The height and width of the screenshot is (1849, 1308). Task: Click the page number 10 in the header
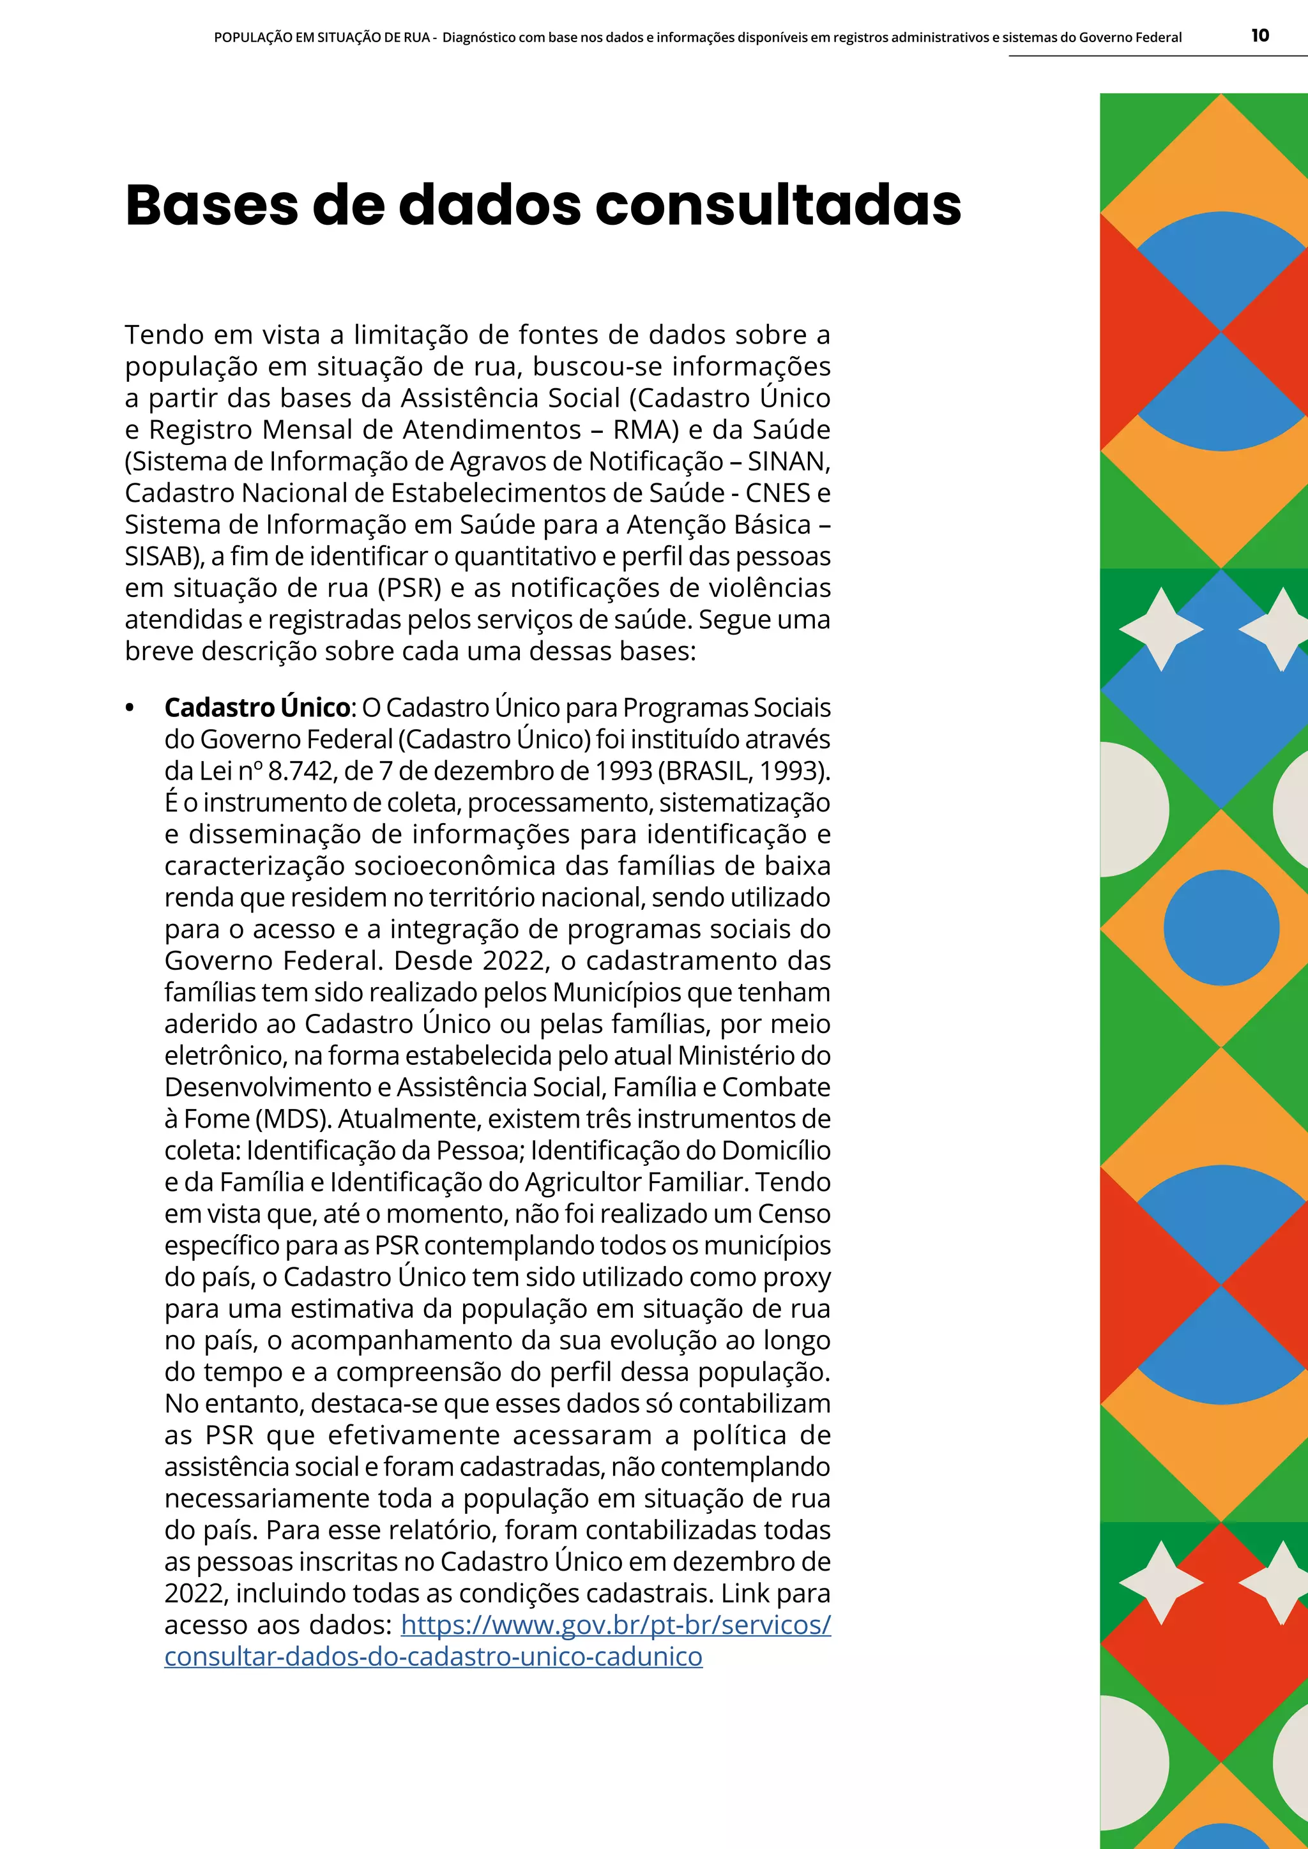[x=1259, y=35]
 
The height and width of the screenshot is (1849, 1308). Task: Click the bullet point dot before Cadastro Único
[x=130, y=707]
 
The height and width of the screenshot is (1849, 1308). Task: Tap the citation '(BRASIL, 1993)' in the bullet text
[x=743, y=771]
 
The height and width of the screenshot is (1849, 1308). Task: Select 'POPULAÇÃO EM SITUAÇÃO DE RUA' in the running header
[x=321, y=37]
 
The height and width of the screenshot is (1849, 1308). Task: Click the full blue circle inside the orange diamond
[x=1221, y=928]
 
